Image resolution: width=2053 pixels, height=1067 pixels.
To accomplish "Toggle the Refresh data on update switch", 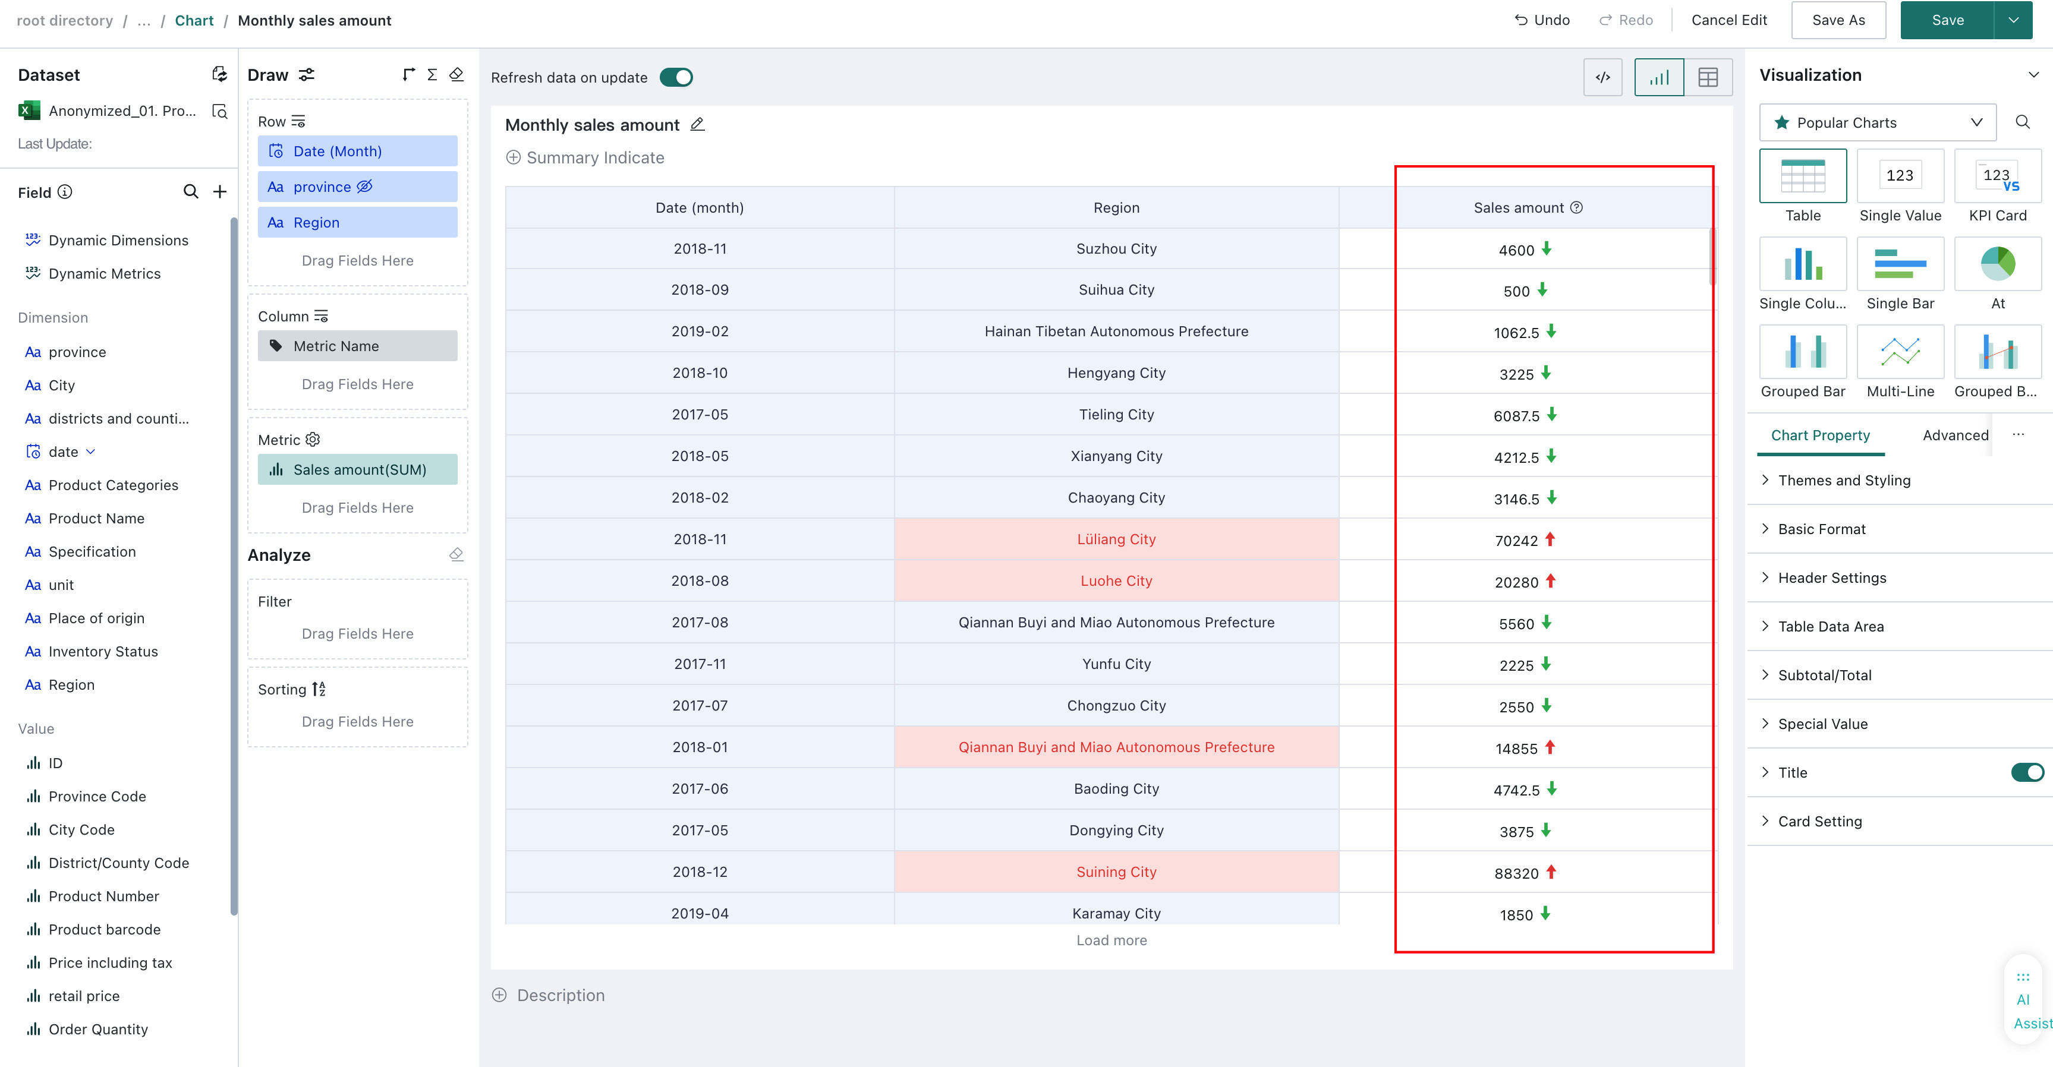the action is coord(676,77).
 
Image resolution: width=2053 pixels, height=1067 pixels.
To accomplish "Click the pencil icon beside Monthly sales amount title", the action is coord(697,124).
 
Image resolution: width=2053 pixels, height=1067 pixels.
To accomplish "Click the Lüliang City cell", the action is coord(1116,539).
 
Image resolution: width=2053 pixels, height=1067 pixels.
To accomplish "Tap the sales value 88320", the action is coord(1516,873).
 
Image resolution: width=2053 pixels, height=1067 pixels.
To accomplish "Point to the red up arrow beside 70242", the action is coord(1550,539).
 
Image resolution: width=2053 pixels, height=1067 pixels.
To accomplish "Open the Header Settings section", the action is coord(1831,577).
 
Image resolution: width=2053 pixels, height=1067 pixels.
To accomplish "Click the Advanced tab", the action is coord(1955,435).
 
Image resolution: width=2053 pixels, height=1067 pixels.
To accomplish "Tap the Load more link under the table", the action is coord(1111,940).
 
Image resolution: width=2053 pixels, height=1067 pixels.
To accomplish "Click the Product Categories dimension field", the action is coord(113,485).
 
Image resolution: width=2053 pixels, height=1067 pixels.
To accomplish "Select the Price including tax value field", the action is coord(110,962).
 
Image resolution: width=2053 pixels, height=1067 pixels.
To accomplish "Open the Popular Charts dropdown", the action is coord(1878,123).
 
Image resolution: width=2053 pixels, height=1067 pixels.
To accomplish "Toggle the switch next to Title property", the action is coord(2027,772).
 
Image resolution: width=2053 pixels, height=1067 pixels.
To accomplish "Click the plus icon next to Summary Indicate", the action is coord(514,158).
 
